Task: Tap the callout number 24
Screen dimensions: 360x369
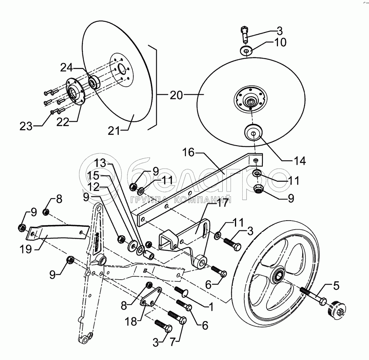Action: [x=68, y=67]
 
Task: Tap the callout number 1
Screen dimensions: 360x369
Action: [x=210, y=305]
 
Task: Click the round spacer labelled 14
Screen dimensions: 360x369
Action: [x=253, y=133]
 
